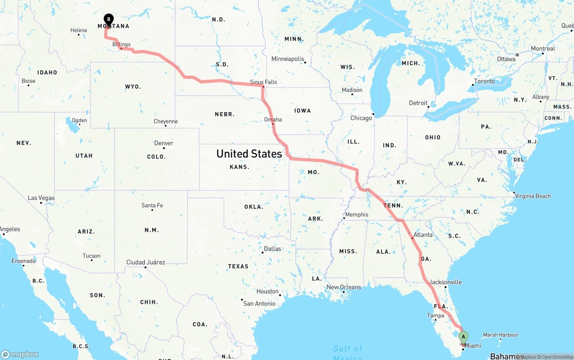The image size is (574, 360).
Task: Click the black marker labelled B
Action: click(108, 19)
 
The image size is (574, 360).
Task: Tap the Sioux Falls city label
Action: click(263, 82)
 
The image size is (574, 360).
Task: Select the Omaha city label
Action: click(273, 119)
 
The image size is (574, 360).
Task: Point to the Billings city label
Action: click(122, 44)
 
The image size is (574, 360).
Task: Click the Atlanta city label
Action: click(423, 235)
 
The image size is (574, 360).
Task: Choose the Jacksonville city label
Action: click(445, 282)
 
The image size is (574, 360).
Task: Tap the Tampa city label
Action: click(435, 316)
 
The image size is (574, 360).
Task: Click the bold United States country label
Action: click(249, 154)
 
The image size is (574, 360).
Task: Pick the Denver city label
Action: click(164, 143)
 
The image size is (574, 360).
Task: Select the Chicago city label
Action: click(361, 118)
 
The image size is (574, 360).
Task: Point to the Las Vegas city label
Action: click(41, 198)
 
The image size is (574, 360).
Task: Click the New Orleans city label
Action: click(344, 287)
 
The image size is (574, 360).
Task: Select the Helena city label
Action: click(78, 30)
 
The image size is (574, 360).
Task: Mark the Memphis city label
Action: click(357, 214)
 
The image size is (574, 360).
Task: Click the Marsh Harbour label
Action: click(500, 335)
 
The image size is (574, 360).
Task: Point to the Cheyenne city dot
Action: click(165, 126)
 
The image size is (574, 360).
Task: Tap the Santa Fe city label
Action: click(152, 205)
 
